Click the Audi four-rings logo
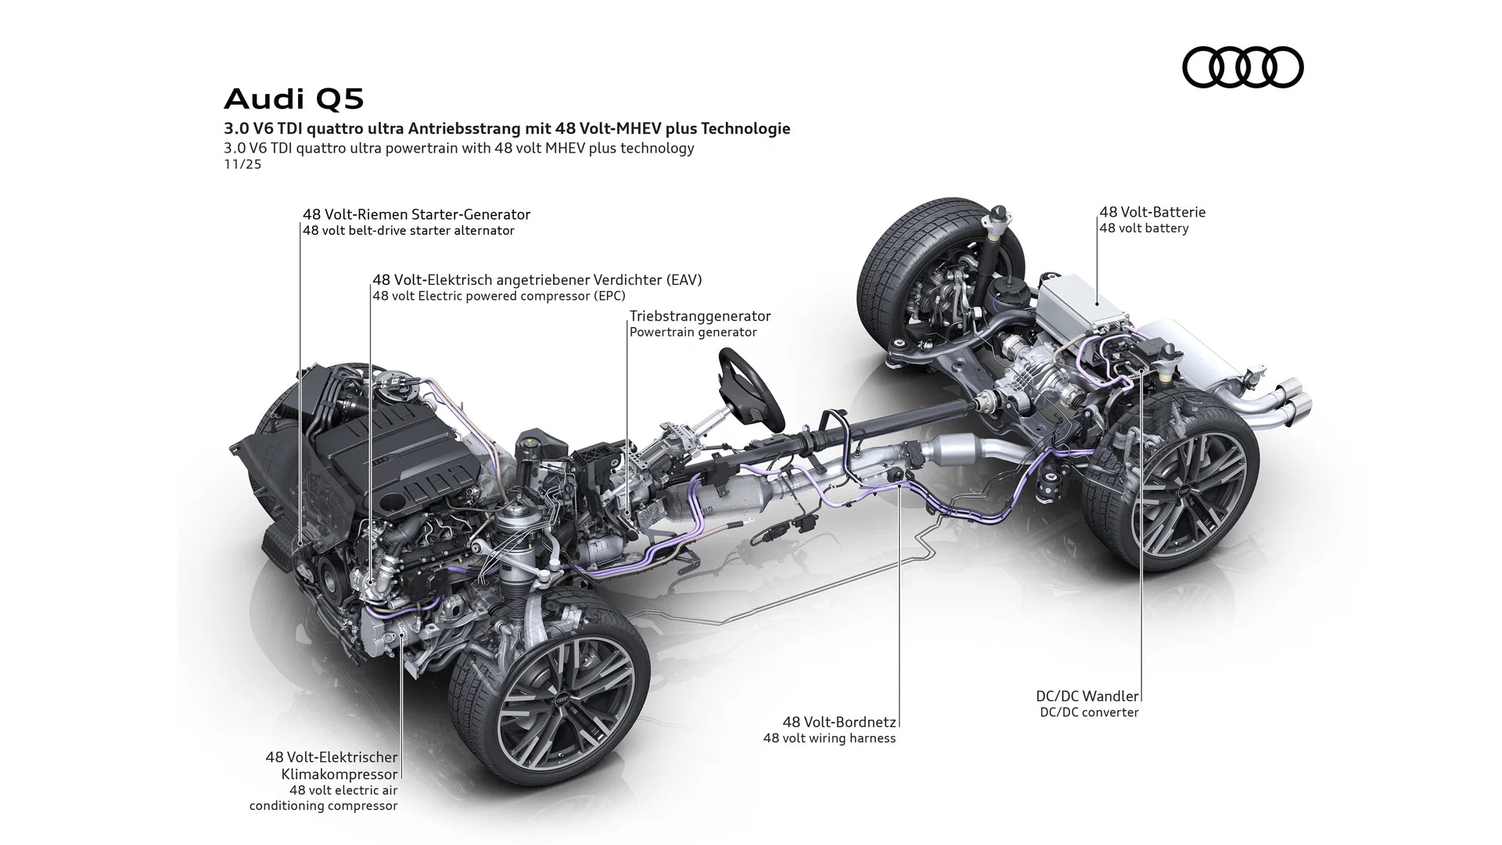(x=1242, y=67)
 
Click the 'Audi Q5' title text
(x=294, y=99)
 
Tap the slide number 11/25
(x=243, y=164)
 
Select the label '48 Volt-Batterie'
(x=1152, y=212)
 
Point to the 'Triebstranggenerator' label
(x=699, y=316)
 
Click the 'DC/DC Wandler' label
(x=1087, y=696)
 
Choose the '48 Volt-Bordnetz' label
(x=839, y=722)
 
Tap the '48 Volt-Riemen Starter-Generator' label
(x=416, y=214)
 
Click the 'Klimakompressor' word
(x=340, y=774)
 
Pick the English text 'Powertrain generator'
(x=693, y=333)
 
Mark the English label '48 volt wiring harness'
(x=829, y=739)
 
